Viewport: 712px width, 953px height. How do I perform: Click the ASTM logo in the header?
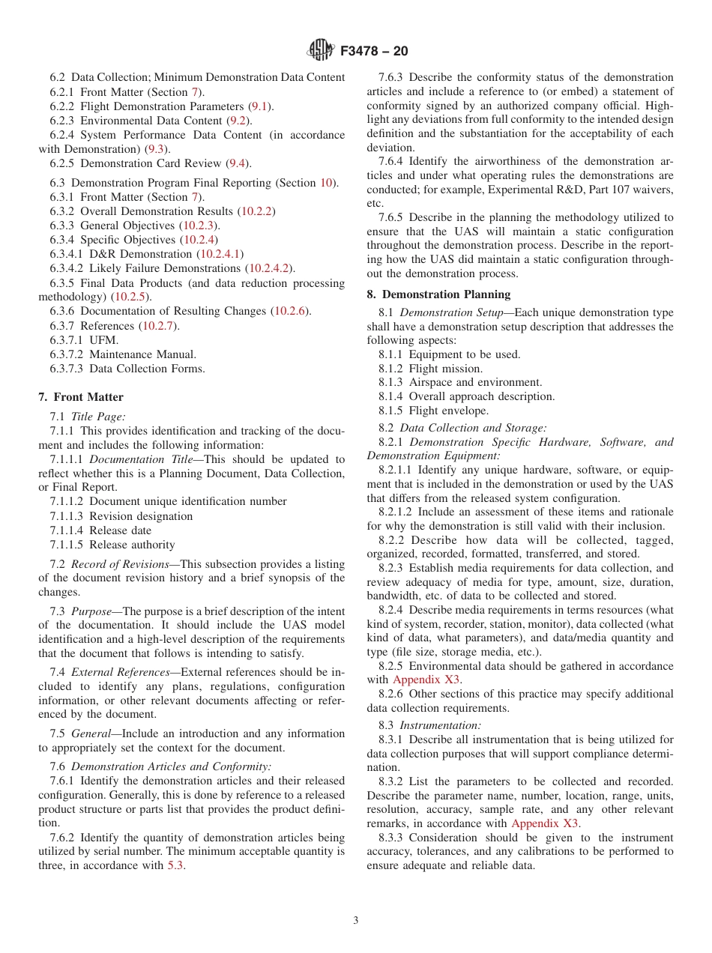[322, 51]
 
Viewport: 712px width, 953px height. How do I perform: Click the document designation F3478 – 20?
[374, 52]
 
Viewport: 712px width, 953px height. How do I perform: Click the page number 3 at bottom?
[356, 921]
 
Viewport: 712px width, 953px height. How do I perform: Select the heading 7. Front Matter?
[81, 397]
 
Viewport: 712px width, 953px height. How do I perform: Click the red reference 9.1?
[260, 106]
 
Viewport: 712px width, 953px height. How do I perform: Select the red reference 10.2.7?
[159, 325]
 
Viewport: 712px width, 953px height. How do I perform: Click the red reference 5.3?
[175, 865]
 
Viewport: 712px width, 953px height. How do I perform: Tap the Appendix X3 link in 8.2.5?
[426, 680]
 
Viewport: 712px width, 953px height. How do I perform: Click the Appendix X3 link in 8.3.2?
[545, 823]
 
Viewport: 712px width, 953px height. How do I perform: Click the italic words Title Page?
[98, 417]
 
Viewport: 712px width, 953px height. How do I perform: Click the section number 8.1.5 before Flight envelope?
[390, 411]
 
